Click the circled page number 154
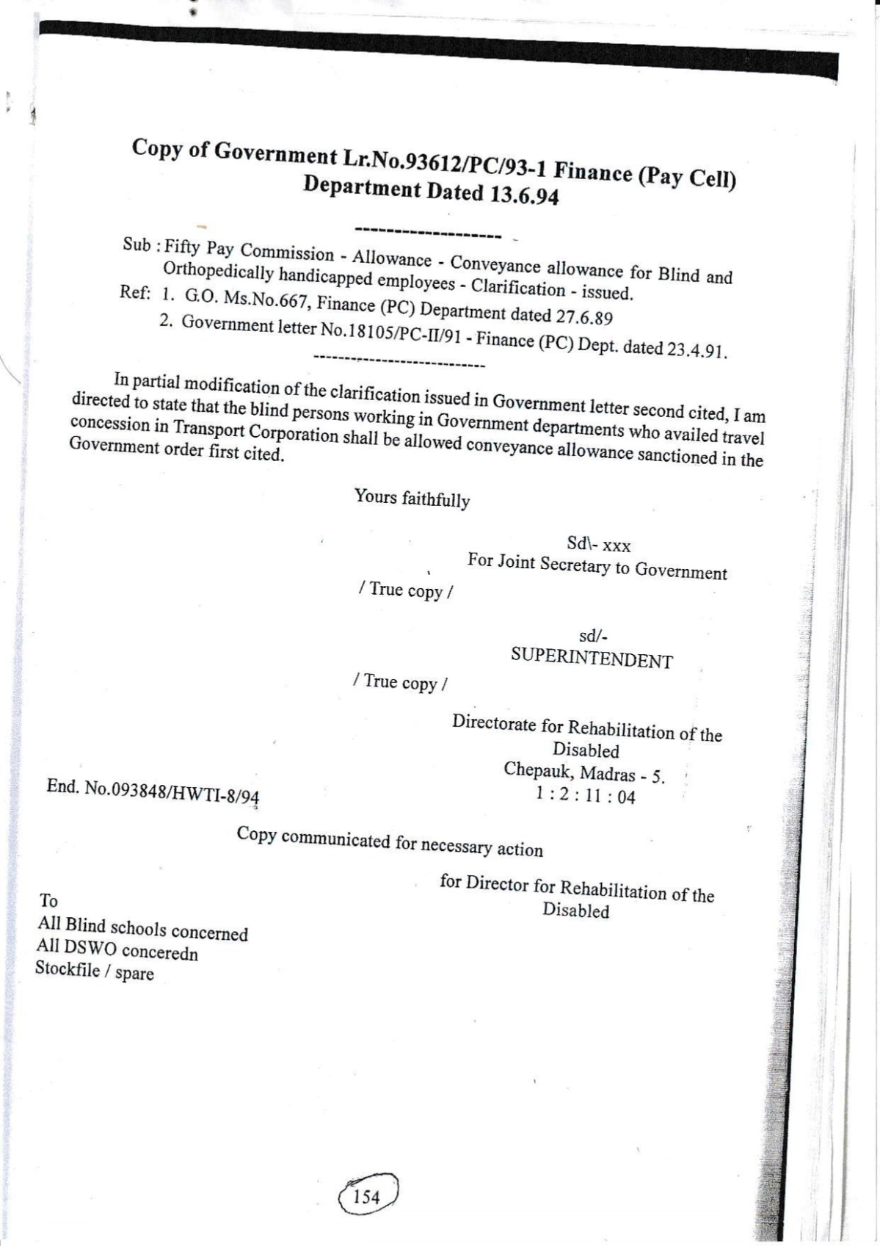pyautogui.click(x=367, y=1197)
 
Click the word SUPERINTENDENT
pyautogui.click(x=592, y=658)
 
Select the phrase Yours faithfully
pyautogui.click(x=412, y=499)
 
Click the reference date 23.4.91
pyautogui.click(x=697, y=349)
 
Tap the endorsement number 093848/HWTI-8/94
pyautogui.click(x=172, y=793)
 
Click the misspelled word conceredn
pyautogui.click(x=160, y=952)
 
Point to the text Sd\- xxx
pyautogui.click(x=598, y=545)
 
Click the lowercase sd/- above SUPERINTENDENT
pyautogui.click(x=593, y=637)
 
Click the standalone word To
pyautogui.click(x=48, y=901)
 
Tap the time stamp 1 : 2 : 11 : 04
pyautogui.click(x=585, y=795)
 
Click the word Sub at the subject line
pyautogui.click(x=137, y=245)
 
